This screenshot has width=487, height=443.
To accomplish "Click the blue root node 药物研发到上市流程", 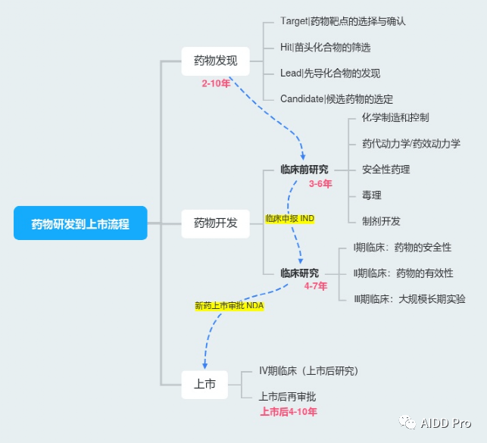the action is [80, 223].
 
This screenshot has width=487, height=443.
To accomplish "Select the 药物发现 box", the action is [216, 61].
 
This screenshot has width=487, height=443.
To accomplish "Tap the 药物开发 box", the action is [216, 224].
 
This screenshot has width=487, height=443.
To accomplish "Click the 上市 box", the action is [204, 385].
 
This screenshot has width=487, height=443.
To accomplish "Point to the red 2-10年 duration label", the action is [216, 83].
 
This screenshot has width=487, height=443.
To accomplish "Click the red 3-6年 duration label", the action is [320, 184].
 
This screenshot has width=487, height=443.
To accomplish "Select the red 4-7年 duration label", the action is [316, 286].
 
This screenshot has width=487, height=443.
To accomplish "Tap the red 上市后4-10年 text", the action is [289, 412].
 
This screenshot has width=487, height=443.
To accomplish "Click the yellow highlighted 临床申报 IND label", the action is [290, 219].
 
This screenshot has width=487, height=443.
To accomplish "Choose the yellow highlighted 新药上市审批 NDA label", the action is [229, 306].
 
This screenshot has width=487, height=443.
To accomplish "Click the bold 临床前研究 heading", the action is [304, 170].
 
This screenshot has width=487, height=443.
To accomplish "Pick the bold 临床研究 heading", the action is [300, 273].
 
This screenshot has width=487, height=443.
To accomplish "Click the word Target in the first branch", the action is [294, 21].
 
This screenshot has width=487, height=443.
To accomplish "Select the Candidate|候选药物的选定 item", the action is [337, 99].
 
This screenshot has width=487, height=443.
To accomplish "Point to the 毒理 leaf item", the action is [371, 195].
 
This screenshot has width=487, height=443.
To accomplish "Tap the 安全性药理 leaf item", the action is [386, 170].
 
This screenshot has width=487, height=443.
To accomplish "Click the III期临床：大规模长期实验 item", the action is [410, 299].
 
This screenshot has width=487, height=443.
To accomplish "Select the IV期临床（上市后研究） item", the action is [309, 371].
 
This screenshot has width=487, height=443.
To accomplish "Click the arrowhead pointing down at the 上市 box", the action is [205, 366].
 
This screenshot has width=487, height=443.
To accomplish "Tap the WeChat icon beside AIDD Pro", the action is [407, 423].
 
